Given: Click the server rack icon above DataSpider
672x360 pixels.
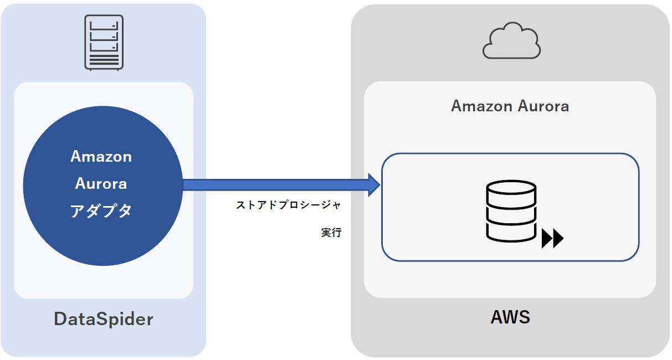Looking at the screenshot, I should tap(104, 43).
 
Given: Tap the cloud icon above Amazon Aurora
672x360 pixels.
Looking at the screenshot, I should tap(511, 41).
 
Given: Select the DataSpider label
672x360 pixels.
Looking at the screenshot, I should tap(104, 319).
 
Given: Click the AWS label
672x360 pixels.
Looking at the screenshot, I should tap(510, 317).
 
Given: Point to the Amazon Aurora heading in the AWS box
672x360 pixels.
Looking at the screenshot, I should tap(510, 106).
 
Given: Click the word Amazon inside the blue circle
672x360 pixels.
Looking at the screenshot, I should tap(101, 157).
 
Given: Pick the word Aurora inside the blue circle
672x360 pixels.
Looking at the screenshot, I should tap(101, 183).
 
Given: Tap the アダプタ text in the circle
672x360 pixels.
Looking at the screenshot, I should tap(101, 211).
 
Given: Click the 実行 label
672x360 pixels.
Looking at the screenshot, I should tap(331, 233).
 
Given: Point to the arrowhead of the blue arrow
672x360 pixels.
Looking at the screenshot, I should tap(373, 184).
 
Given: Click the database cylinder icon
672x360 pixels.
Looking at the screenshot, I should tap(511, 210).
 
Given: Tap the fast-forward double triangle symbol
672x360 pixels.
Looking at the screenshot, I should tap(552, 239).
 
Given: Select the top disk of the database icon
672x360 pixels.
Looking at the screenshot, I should tap(511, 190).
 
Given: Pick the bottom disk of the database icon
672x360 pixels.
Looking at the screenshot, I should tap(511, 231).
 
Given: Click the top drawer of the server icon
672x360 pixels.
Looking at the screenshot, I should tap(104, 25).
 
